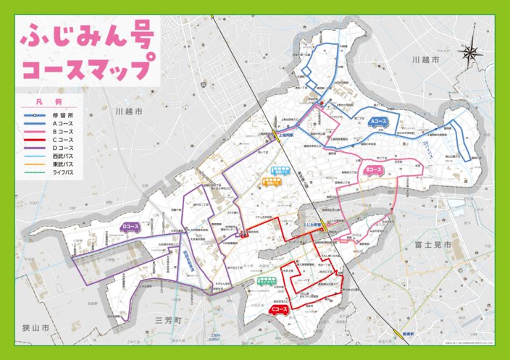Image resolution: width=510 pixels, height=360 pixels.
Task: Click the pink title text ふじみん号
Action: [87, 36]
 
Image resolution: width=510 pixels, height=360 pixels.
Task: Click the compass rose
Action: [472, 52]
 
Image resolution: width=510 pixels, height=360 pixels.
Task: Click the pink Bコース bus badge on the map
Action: [374, 171]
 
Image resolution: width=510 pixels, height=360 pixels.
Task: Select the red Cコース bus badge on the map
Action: [277, 311]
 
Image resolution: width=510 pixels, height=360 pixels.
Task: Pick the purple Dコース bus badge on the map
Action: [130, 227]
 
